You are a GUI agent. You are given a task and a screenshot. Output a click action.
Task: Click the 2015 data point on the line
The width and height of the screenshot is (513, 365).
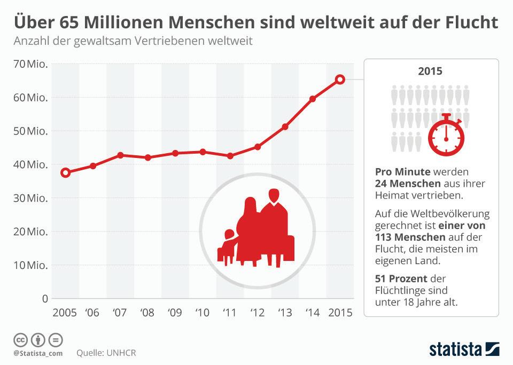click(x=340, y=80)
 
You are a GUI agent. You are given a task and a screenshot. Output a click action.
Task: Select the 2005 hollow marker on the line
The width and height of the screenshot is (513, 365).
click(x=66, y=172)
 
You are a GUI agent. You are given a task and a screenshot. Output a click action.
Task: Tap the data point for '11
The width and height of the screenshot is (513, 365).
click(x=230, y=156)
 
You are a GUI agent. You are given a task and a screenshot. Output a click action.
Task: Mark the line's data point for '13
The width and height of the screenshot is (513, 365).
click(x=285, y=126)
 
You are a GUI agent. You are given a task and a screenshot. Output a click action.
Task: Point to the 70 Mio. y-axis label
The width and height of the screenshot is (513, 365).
click(x=32, y=65)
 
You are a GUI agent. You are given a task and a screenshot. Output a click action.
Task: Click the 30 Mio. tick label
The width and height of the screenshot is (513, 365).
click(x=32, y=198)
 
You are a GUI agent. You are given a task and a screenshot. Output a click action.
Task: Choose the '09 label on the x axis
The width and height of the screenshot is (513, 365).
click(x=175, y=313)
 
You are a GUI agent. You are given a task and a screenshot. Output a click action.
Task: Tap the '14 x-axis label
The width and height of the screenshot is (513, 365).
click(x=313, y=313)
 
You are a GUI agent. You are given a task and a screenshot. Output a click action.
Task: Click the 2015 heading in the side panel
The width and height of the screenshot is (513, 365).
click(x=431, y=72)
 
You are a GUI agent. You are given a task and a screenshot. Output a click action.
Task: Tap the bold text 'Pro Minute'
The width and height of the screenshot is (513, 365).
click(x=403, y=172)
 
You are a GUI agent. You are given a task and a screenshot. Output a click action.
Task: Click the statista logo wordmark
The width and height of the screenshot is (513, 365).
click(x=454, y=350)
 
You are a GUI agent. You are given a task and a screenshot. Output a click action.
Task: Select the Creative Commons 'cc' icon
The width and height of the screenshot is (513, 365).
click(x=21, y=339)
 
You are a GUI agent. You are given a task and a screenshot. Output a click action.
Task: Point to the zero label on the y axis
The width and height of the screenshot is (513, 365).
click(x=45, y=298)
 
